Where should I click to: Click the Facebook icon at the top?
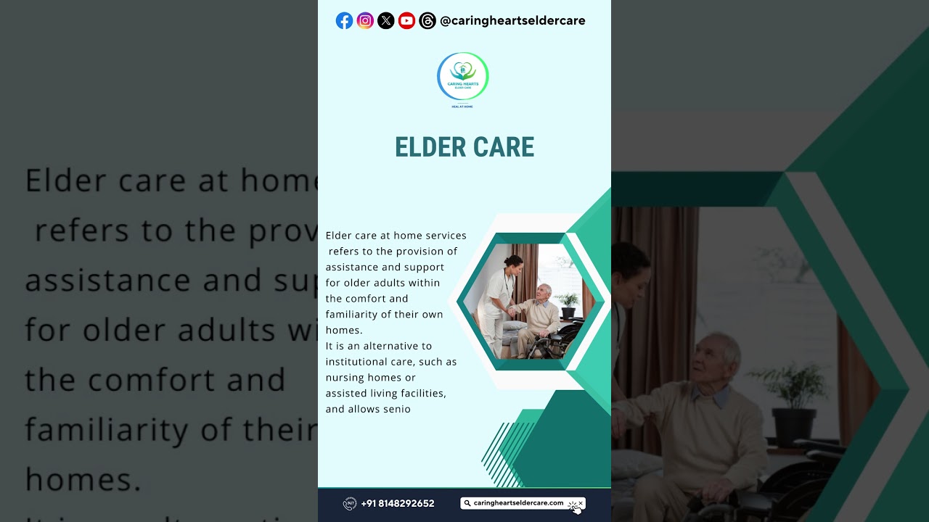pos(344,21)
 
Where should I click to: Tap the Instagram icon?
pos(365,21)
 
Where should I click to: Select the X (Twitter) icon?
pos(386,21)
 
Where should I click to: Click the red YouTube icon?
pos(406,21)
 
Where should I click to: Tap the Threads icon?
pos(427,21)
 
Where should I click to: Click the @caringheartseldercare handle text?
pos(512,21)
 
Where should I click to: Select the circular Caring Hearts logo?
pos(463,76)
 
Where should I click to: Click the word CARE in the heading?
pos(502,147)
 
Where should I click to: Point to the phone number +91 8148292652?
pos(398,503)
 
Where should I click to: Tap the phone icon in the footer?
pos(349,503)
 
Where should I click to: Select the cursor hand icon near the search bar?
pos(576,508)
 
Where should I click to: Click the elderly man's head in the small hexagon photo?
pos(543,292)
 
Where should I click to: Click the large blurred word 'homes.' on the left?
pos(83,479)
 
